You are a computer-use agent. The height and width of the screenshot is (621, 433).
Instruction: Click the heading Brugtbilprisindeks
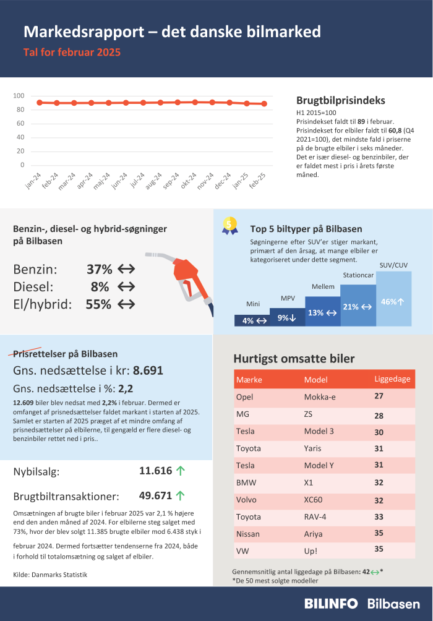(340, 101)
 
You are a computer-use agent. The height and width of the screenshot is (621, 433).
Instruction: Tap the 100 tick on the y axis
(19, 96)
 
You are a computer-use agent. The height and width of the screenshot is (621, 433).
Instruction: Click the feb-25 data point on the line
(264, 104)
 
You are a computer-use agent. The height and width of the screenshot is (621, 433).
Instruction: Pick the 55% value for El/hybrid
(98, 304)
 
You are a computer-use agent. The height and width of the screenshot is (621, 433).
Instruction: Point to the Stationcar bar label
(358, 275)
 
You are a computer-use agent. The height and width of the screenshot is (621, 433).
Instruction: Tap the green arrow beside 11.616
(181, 471)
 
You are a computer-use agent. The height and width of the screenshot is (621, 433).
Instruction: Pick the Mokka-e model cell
(320, 396)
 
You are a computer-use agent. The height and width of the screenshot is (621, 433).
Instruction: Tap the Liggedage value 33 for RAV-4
(379, 516)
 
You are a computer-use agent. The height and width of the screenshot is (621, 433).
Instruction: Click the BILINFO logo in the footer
(332, 604)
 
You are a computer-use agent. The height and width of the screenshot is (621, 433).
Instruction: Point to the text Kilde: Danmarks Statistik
(50, 575)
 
